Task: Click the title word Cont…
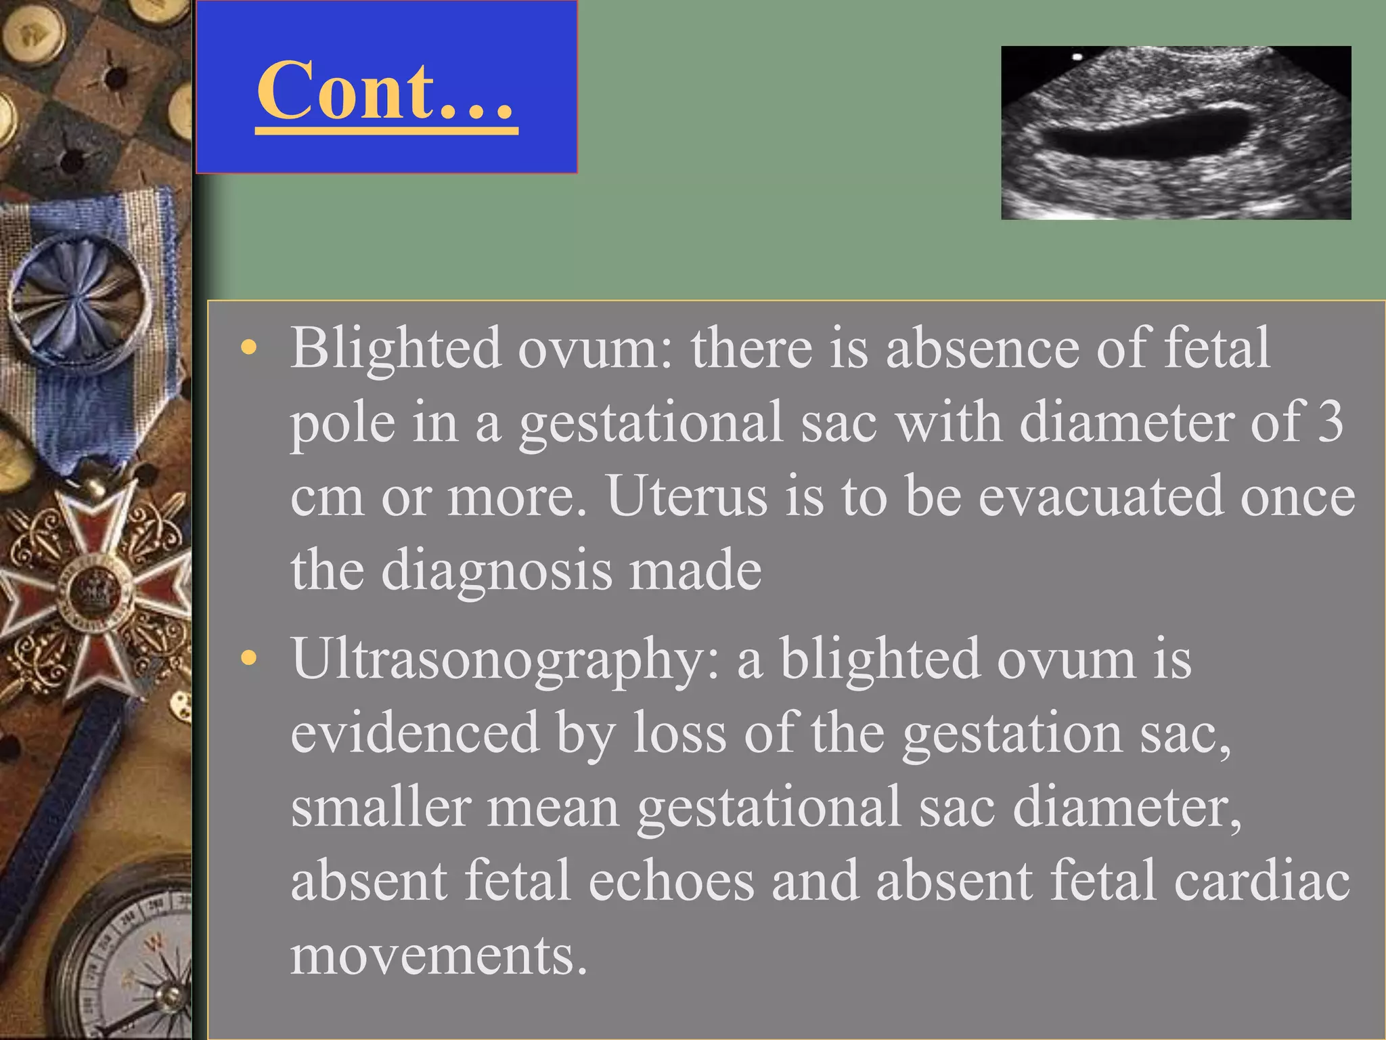386,91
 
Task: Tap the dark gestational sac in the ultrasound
1144,135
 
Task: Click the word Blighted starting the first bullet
396,349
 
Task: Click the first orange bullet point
249,348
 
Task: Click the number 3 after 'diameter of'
1330,421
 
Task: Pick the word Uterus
687,496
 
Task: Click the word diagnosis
496,570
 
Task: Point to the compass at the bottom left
129,961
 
